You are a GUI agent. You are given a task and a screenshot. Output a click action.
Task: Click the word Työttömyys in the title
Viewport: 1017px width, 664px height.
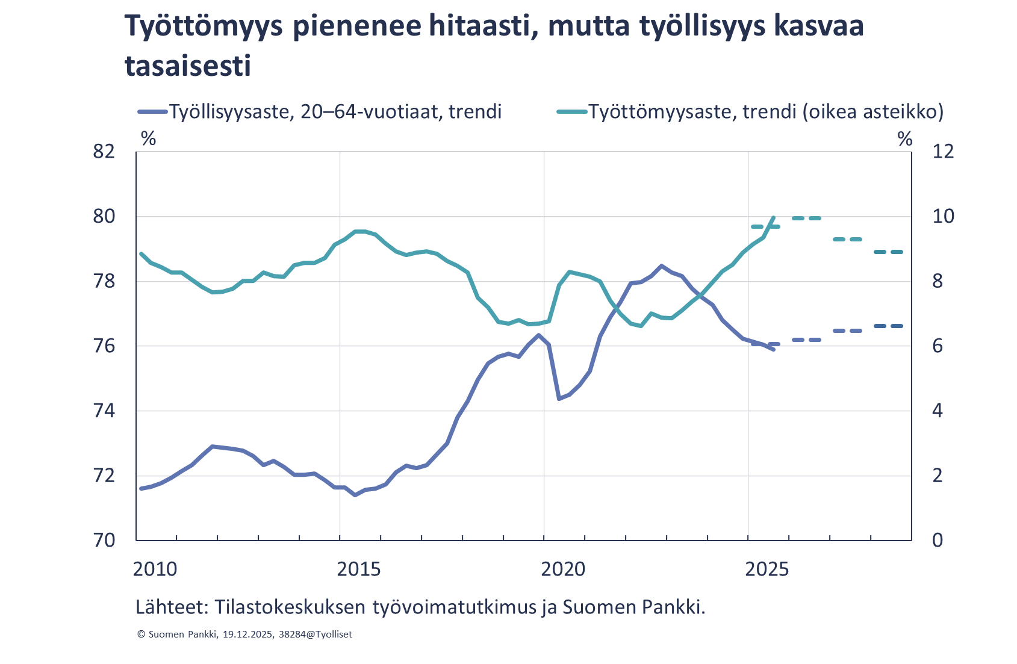point(204,27)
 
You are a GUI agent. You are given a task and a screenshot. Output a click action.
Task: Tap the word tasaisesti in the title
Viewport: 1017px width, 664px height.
point(187,65)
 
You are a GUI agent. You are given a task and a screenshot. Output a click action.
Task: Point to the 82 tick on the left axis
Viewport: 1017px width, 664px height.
point(104,151)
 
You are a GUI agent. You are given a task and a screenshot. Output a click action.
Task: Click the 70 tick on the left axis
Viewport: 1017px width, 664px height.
point(104,540)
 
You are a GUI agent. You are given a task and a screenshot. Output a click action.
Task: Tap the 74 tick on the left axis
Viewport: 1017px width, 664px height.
point(104,411)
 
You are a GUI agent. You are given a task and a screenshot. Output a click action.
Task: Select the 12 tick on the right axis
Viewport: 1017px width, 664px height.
point(943,151)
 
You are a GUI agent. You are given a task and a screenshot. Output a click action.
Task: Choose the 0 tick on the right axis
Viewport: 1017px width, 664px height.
point(938,540)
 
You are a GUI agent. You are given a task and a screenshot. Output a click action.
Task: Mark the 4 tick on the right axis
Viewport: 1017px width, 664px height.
point(938,411)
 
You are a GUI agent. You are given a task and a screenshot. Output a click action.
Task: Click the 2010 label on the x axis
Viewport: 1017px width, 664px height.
point(155,569)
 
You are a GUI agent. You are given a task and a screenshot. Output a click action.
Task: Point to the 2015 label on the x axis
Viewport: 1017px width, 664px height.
point(358,569)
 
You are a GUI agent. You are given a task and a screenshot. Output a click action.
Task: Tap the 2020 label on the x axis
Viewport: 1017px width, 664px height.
point(563,569)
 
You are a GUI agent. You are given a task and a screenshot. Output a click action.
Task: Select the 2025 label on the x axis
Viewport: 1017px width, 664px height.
point(767,569)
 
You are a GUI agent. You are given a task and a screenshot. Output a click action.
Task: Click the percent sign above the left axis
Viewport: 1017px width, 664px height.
point(148,139)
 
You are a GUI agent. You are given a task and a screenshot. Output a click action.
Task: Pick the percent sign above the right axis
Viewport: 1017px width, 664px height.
point(905,139)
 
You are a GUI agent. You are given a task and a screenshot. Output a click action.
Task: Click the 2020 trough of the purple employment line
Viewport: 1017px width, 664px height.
point(559,399)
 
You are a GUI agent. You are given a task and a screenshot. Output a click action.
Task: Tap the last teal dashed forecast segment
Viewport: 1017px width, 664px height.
point(889,252)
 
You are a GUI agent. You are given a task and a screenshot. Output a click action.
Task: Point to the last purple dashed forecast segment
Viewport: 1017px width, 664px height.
point(889,326)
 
